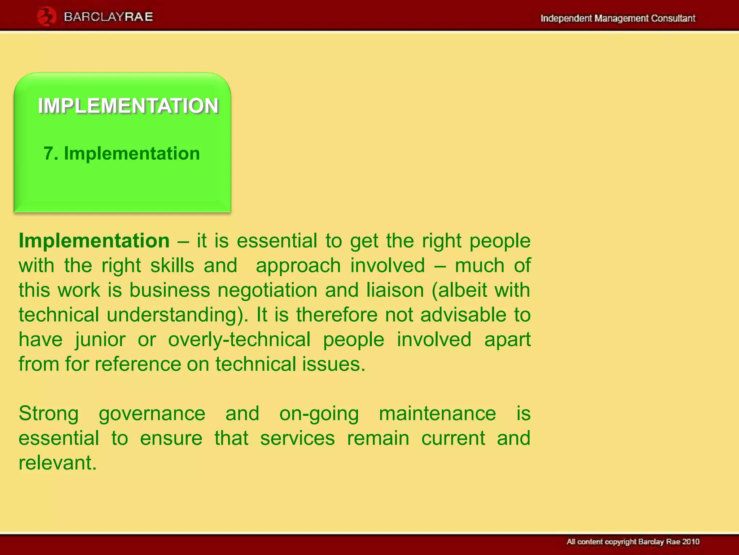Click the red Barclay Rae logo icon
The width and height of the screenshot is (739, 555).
pyautogui.click(x=46, y=17)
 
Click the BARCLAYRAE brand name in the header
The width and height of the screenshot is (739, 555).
pyautogui.click(x=108, y=17)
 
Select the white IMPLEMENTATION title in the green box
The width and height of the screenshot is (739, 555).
pyautogui.click(x=128, y=106)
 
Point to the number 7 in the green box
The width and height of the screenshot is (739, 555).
pyautogui.click(x=49, y=154)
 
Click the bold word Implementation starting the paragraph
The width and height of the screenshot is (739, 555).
pyautogui.click(x=94, y=241)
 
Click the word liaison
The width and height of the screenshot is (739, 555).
pyautogui.click(x=395, y=290)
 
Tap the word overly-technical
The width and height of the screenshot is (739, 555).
pyautogui.click(x=239, y=340)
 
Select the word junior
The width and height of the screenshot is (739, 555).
pyautogui.click(x=100, y=340)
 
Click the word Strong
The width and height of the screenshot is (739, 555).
pyautogui.click(x=49, y=413)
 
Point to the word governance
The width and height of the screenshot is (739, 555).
pyautogui.click(x=152, y=414)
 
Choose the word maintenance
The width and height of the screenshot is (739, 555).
pyautogui.click(x=437, y=413)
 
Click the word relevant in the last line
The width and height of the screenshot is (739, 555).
pyautogui.click(x=58, y=463)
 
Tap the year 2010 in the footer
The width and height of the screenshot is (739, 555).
pyautogui.click(x=691, y=542)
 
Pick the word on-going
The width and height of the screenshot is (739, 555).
pyautogui.click(x=319, y=414)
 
